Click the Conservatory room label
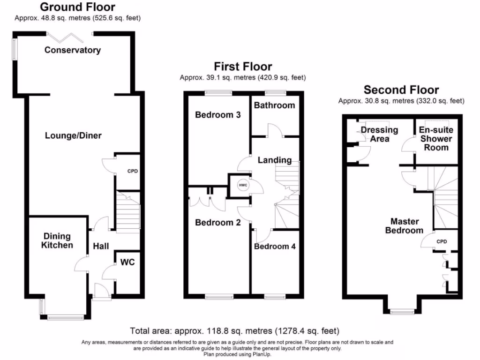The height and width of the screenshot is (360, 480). point(72,50)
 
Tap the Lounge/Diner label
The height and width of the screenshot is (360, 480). point(73,135)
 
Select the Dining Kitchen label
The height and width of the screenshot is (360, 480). point(58,240)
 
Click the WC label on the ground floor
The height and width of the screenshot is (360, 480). point(127,262)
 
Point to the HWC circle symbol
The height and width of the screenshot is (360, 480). point(243,185)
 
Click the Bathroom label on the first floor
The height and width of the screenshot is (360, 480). point(275,105)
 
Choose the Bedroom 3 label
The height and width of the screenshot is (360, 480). point(218,115)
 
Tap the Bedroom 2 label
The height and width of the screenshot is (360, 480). point(218,223)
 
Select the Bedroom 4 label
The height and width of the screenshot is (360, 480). point(275,246)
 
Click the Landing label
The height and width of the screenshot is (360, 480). point(275,160)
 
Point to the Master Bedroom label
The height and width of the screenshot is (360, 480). point(405,225)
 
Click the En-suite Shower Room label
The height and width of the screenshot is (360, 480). point(436,138)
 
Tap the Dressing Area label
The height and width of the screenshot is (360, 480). point(379,134)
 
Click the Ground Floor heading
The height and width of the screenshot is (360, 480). point(77,7)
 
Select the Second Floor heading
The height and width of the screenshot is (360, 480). point(401,90)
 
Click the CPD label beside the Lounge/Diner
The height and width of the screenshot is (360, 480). point(133,171)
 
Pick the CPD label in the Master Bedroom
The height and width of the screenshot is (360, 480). point(442,242)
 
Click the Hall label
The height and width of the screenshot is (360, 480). point(100,246)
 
